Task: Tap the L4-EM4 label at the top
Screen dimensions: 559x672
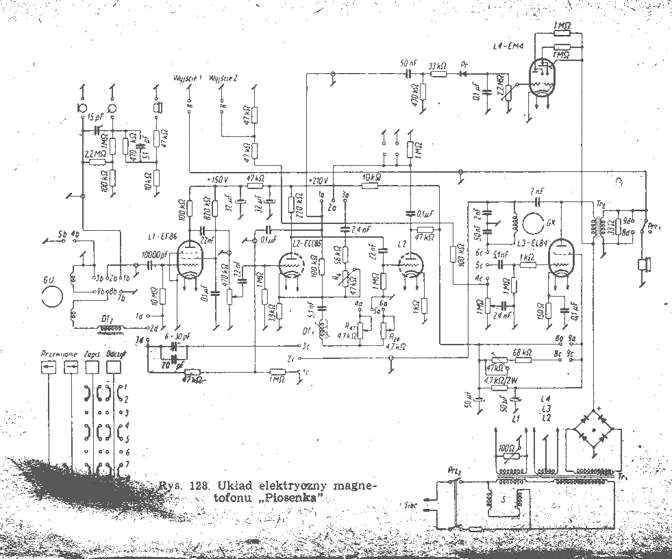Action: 508,46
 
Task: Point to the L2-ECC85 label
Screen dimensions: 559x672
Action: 307,244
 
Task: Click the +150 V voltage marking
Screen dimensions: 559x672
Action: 216,179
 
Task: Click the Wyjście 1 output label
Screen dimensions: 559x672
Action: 189,79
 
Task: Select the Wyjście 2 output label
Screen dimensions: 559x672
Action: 224,79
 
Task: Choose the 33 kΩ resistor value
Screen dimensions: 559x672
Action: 437,65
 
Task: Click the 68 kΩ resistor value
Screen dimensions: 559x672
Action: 522,353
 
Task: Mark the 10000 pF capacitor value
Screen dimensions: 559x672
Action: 154,255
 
